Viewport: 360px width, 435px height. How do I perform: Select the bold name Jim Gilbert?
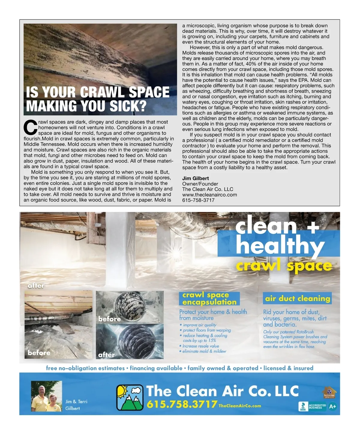195,178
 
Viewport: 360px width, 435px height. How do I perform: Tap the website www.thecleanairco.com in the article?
209,195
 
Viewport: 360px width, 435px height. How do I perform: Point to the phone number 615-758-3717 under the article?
198,200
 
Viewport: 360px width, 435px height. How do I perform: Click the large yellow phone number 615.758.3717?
182,404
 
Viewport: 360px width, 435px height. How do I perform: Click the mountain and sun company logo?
130,397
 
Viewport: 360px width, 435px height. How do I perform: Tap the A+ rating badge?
332,407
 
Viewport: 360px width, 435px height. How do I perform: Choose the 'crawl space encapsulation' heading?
209,298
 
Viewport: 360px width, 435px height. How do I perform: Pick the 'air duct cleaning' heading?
297,298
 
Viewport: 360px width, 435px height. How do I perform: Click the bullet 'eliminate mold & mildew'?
204,351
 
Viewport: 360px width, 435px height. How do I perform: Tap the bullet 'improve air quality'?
199,325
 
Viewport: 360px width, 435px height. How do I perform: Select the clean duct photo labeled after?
130,341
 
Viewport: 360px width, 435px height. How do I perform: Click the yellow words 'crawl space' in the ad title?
284,265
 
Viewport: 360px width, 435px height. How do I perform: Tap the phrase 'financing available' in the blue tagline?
156,368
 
